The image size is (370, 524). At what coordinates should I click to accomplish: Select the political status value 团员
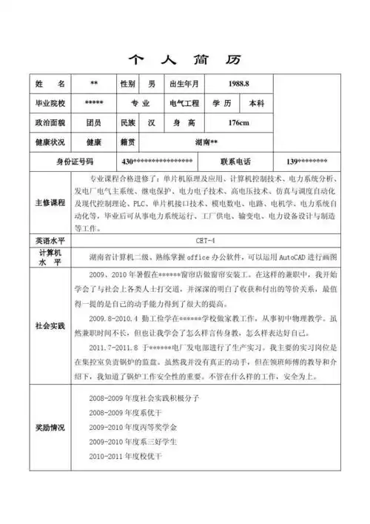pos(93,123)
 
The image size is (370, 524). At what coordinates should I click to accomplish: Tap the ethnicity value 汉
pos(152,123)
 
